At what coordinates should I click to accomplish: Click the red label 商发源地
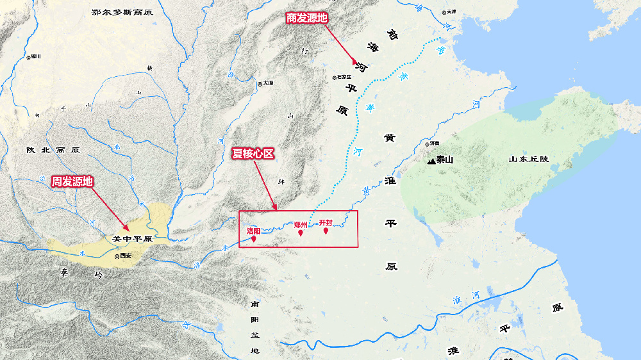(306, 18)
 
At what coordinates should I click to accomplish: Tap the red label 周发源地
(72, 182)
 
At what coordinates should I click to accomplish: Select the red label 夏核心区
(253, 154)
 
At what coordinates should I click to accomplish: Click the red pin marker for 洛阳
(254, 239)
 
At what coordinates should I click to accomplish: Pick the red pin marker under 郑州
(301, 233)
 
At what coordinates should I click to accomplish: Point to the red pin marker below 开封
(326, 231)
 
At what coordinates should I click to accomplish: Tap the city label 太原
(266, 83)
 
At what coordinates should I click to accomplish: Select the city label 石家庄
(344, 78)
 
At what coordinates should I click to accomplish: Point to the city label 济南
(434, 143)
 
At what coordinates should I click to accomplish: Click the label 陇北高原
(53, 150)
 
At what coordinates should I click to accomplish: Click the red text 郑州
(301, 225)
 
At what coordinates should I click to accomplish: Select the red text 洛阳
(254, 231)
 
